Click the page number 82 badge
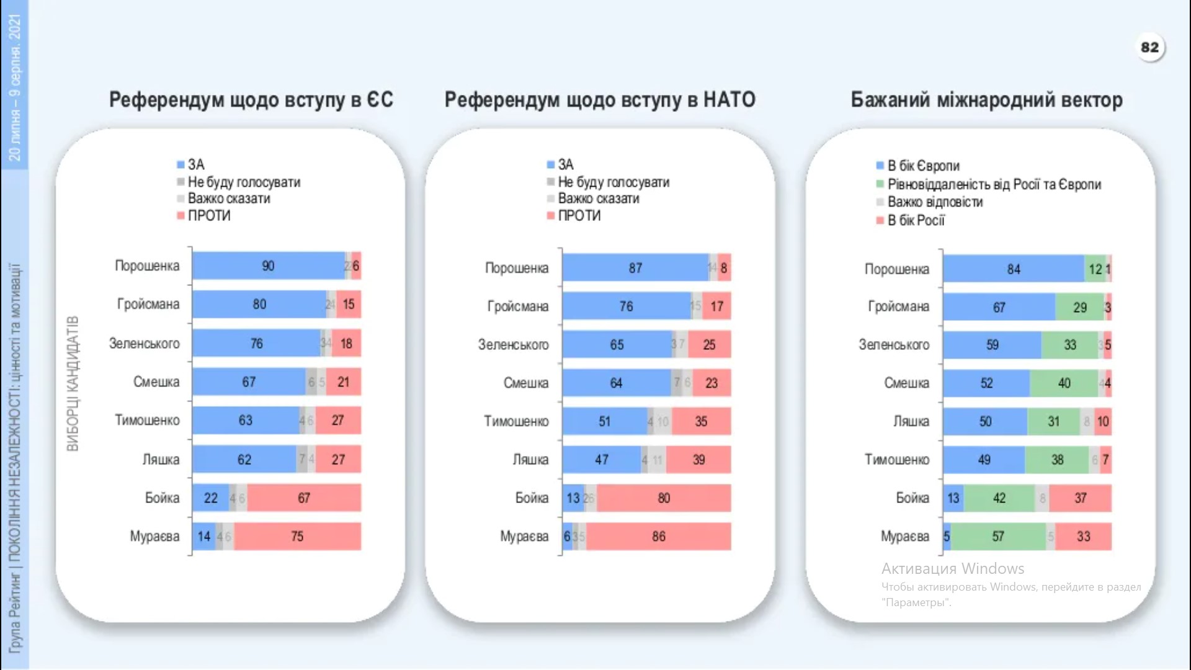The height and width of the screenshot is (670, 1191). [1149, 48]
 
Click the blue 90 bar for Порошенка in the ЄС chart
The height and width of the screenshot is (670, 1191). [268, 266]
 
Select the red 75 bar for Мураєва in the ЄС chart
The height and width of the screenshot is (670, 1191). [297, 537]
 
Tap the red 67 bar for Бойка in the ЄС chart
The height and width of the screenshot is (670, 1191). [303, 498]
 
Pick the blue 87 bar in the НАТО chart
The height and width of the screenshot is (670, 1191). [635, 268]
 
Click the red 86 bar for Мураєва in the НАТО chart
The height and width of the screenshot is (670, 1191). [658, 537]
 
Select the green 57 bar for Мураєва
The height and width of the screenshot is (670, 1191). [997, 537]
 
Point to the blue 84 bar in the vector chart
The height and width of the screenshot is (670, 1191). [1014, 269]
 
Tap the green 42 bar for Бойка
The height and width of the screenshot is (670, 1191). [999, 498]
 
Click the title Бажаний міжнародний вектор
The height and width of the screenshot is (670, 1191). [986, 100]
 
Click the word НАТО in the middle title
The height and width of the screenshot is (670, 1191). [729, 100]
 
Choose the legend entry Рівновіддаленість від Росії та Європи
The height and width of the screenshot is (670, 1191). [994, 184]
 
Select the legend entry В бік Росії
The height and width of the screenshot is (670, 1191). [916, 220]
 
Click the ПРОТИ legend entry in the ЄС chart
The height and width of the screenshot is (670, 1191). [209, 216]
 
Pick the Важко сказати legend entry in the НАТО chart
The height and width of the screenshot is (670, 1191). [598, 199]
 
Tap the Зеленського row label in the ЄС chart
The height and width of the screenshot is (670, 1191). [145, 344]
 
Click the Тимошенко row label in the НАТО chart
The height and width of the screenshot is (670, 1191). [516, 422]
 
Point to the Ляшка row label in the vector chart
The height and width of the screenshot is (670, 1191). [911, 422]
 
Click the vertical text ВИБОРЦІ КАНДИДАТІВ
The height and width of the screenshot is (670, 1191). [73, 383]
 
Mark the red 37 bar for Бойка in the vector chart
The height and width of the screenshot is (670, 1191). [1080, 498]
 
